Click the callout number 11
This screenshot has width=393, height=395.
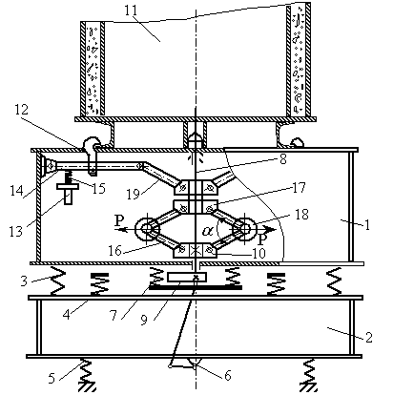[131, 10]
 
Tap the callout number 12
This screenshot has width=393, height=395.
[22, 110]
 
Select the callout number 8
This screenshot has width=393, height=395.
[282, 158]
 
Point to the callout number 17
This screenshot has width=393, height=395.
[300, 187]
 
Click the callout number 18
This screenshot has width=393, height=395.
[301, 215]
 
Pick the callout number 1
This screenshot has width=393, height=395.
[367, 225]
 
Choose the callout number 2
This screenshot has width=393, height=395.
[368, 337]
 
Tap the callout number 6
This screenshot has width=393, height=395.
[228, 376]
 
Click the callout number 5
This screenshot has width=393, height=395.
[52, 378]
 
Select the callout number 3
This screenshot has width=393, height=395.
[24, 281]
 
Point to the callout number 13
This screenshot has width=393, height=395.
[16, 231]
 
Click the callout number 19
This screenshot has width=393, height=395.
[134, 194]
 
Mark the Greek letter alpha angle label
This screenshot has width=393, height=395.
[208, 231]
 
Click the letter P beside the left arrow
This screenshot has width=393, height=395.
[119, 220]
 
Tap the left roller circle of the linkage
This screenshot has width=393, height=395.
[147, 228]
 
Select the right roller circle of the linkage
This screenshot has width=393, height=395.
[245, 228]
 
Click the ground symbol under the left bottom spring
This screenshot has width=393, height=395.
[87, 387]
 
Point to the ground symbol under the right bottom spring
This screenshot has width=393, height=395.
[309, 387]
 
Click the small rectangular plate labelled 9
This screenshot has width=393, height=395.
[187, 277]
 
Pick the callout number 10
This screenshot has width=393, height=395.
[259, 254]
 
